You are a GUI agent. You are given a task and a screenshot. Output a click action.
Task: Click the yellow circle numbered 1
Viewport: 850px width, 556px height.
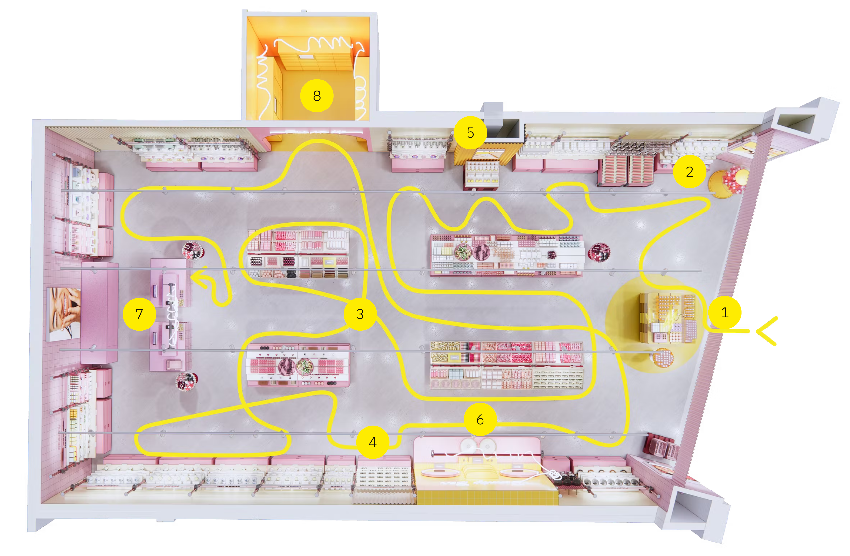(724, 312)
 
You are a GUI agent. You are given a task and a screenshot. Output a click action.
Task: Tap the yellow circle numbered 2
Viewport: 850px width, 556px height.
(689, 171)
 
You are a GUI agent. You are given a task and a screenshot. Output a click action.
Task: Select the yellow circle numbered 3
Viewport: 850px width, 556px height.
(360, 314)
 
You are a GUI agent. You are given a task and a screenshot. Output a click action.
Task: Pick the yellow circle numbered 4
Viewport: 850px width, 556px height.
(372, 442)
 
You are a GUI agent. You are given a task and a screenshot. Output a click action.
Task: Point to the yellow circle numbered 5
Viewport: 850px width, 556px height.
(470, 133)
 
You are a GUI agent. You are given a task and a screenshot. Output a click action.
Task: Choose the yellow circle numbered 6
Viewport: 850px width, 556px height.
(480, 419)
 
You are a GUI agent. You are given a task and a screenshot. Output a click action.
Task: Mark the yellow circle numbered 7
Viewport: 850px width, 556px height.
(139, 314)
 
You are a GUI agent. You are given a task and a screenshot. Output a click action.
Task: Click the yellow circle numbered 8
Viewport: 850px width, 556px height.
(317, 96)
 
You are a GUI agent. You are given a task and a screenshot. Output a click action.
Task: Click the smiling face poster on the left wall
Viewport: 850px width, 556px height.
(64, 314)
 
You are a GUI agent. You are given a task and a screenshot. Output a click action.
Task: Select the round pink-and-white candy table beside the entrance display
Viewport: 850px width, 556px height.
(663, 357)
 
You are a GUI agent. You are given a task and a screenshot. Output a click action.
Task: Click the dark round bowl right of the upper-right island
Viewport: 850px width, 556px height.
(599, 252)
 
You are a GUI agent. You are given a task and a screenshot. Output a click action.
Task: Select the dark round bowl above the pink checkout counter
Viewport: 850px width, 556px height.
(193, 250)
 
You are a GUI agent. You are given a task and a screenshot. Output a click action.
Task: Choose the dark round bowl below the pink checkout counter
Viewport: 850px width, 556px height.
(186, 381)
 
